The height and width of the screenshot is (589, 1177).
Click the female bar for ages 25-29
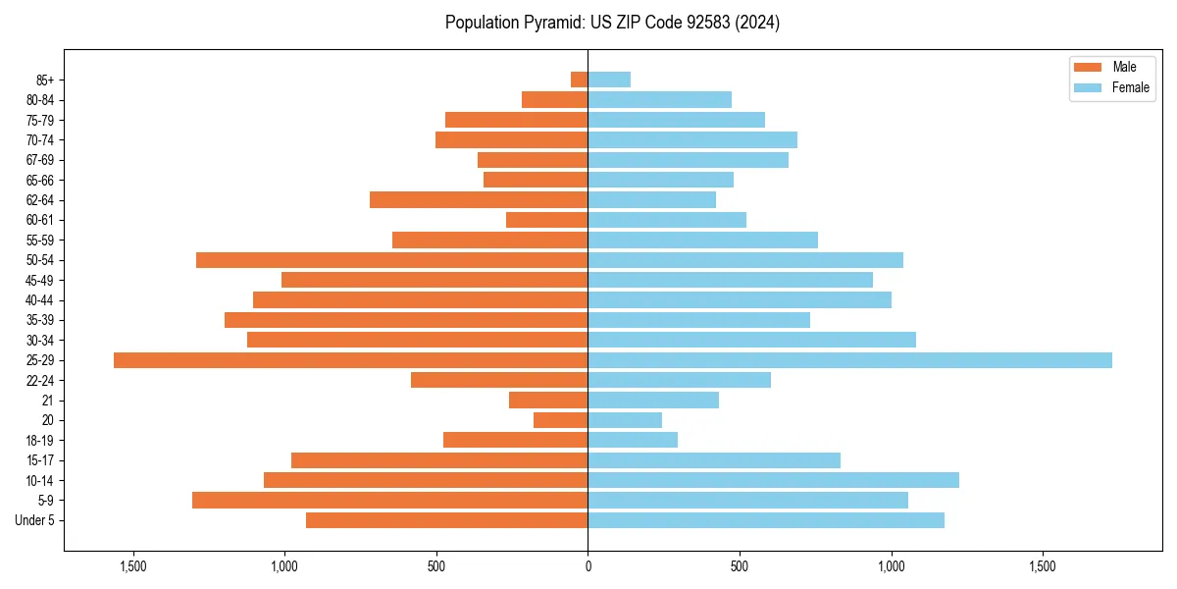[849, 360]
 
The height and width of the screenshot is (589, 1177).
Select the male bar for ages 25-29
[350, 360]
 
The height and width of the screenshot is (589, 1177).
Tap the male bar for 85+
[579, 80]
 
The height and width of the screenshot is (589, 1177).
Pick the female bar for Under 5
[765, 520]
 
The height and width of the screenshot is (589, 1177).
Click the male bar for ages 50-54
[391, 260]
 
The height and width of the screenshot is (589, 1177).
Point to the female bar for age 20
[625, 420]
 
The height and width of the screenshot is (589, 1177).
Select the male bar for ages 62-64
[479, 200]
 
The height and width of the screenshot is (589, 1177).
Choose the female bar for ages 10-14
[773, 480]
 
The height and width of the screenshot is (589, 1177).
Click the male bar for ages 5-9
[389, 500]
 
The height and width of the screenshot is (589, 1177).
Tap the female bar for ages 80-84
[659, 99]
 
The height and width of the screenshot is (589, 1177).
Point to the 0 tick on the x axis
[588, 566]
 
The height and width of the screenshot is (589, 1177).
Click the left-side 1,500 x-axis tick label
[132, 566]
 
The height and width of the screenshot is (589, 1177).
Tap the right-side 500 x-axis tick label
[740, 566]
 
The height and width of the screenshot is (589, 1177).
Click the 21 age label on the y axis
[47, 401]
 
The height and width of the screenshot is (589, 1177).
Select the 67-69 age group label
[39, 160]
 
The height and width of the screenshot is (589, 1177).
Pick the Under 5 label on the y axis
[35, 520]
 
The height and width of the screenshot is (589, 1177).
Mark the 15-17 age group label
[39, 460]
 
